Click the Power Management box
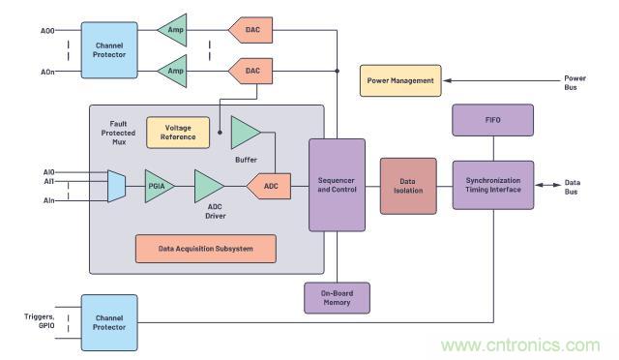[400, 80]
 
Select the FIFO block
[492, 120]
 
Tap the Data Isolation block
[408, 186]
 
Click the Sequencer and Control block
[337, 185]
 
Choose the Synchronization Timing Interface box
[493, 185]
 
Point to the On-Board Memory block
[337, 298]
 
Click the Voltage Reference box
[178, 133]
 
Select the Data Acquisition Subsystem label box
[206, 249]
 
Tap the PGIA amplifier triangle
[159, 186]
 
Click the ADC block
[269, 186]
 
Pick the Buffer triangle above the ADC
[245, 133]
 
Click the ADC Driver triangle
[209, 186]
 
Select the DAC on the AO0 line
[251, 30]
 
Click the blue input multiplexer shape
[116, 186]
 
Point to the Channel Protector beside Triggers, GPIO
[109, 322]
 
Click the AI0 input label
[49, 172]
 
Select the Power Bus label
[575, 82]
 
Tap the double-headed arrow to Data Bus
[548, 185]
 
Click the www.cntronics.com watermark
[520, 345]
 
